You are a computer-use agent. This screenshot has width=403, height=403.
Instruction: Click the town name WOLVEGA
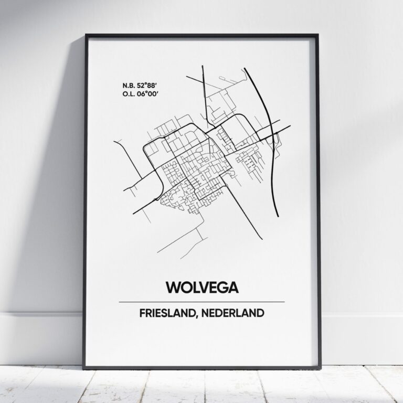click(x=201, y=288)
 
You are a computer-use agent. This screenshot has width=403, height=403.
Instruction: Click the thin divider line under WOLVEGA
click(x=201, y=302)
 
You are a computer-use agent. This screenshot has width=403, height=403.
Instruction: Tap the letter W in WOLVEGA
click(x=173, y=288)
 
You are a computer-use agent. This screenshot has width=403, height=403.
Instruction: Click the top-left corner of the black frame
click(x=85, y=35)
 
